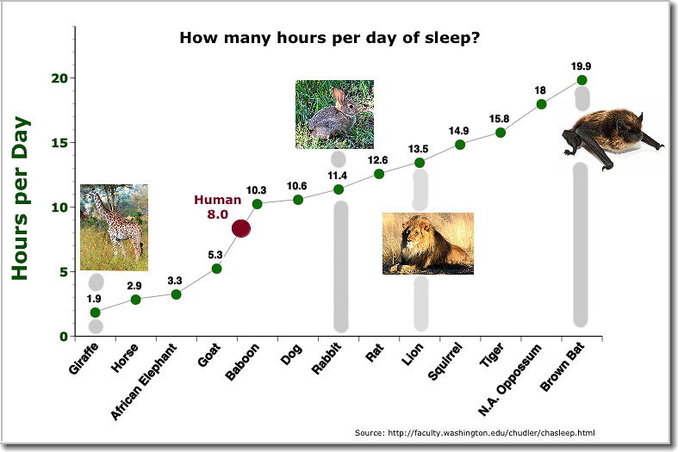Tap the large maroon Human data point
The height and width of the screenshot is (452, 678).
[241, 228]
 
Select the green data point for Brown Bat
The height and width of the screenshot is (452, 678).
[582, 80]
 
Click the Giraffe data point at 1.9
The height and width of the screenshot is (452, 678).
[95, 313]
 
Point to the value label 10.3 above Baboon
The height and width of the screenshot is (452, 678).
[257, 190]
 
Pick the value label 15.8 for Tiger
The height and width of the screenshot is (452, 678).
[501, 118]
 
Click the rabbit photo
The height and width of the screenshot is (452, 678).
[334, 115]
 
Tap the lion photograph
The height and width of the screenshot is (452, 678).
[428, 244]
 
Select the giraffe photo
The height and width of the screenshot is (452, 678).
[114, 227]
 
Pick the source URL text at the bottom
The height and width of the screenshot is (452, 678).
[475, 432]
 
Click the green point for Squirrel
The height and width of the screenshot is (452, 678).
[460, 145]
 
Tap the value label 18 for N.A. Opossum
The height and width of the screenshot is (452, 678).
[540, 90]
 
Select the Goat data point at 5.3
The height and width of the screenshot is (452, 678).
[217, 269]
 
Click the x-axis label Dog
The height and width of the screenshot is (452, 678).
[290, 356]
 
